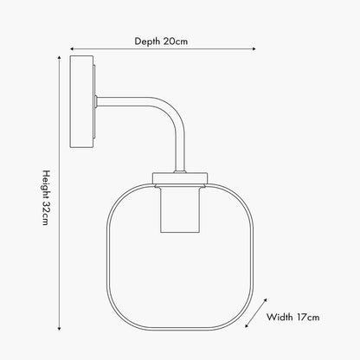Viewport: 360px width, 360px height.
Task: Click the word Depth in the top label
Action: click(x=147, y=42)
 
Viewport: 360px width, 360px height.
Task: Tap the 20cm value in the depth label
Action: click(x=176, y=42)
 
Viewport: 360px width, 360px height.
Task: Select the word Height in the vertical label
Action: click(x=47, y=184)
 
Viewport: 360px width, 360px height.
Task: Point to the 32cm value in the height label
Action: click(x=46, y=213)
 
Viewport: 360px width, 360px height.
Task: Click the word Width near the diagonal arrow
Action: click(x=280, y=317)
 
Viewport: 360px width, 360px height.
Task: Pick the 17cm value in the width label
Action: click(x=308, y=317)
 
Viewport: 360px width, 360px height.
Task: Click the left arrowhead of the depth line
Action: click(x=72, y=49)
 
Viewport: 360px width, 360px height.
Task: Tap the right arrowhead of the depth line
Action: click(x=254, y=49)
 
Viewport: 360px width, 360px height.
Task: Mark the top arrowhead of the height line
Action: click(x=59, y=57)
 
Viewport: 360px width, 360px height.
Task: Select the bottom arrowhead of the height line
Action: click(x=59, y=328)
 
